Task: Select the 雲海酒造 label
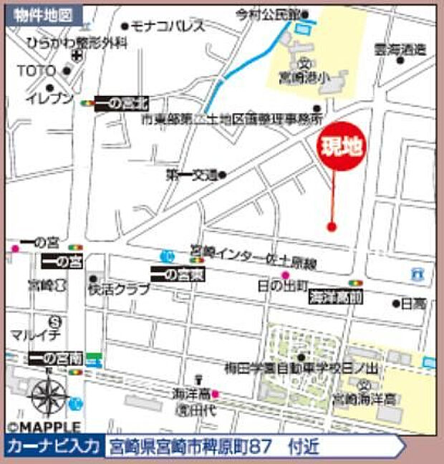coord(400,50)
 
